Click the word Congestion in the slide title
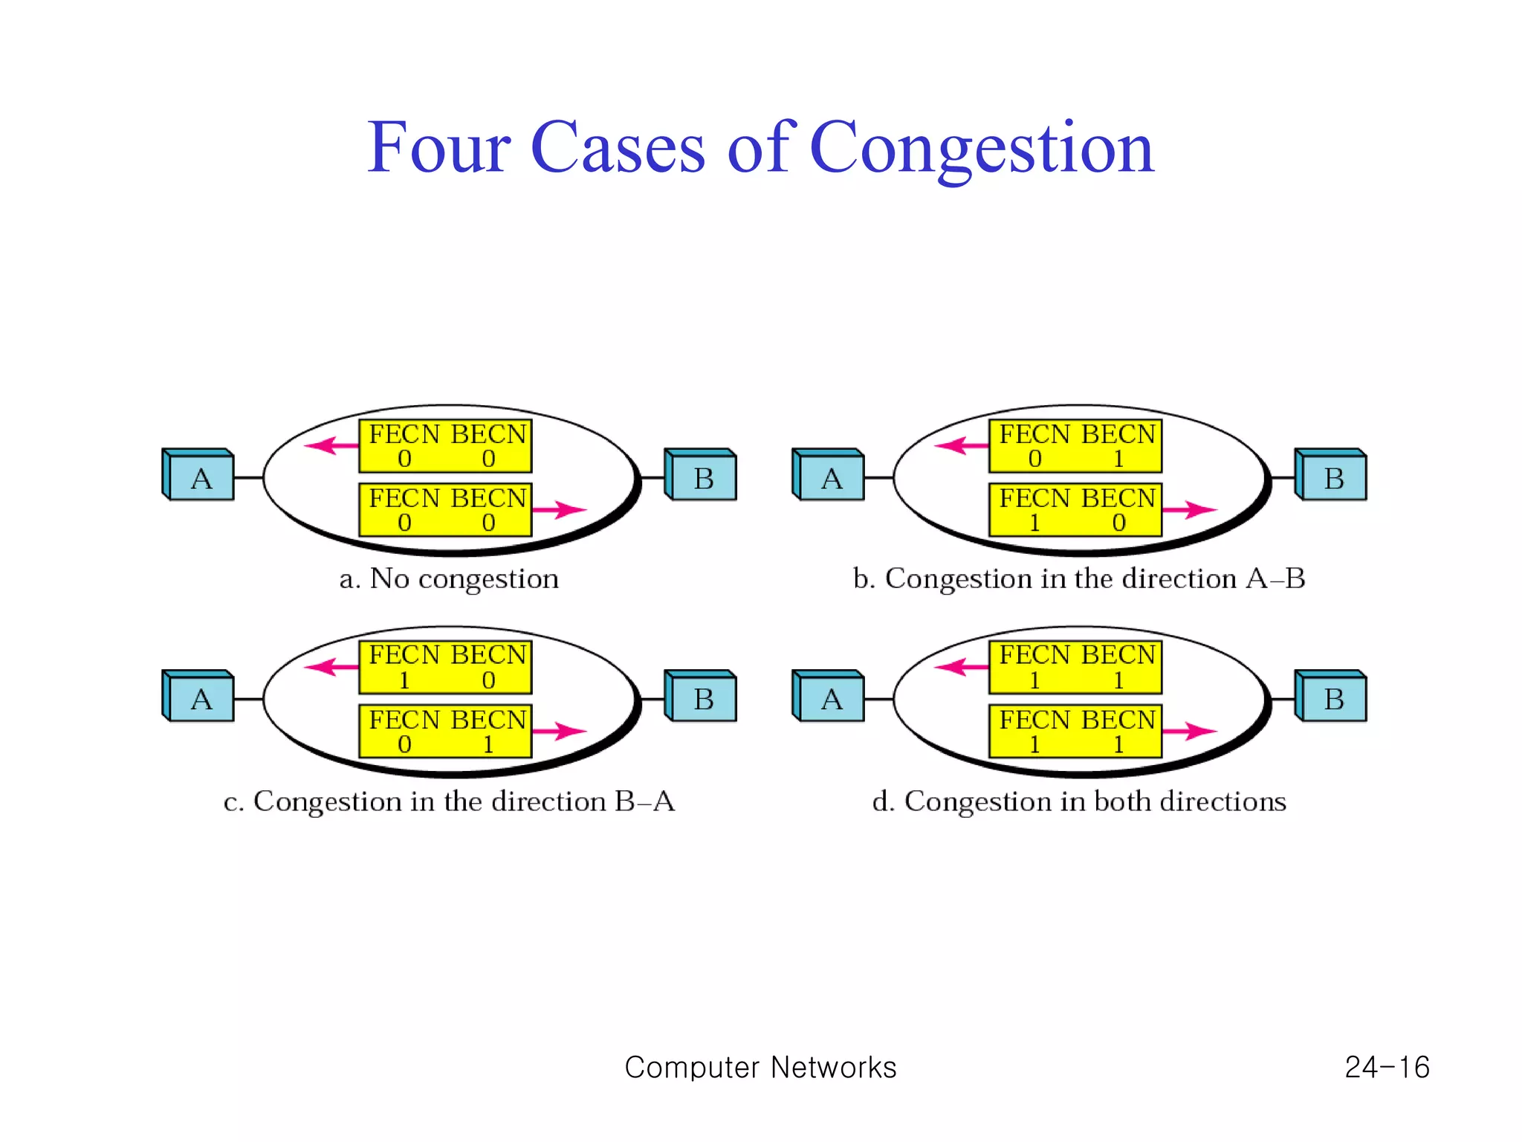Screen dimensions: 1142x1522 pyautogui.click(x=981, y=149)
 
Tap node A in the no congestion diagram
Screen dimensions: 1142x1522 pyautogui.click(x=200, y=477)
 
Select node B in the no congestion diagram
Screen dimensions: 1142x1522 pyautogui.click(x=703, y=477)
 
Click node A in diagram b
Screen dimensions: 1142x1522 pyautogui.click(x=830, y=477)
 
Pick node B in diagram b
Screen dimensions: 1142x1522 pyautogui.click(x=1333, y=477)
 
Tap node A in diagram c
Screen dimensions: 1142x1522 pyautogui.click(x=200, y=698)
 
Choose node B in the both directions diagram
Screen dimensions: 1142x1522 pyautogui.click(x=1333, y=698)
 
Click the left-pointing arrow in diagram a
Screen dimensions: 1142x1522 pyautogui.click(x=331, y=445)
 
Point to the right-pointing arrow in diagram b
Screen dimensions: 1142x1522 pyautogui.click(x=1189, y=510)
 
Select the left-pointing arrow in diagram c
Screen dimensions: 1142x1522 pyautogui.click(x=331, y=666)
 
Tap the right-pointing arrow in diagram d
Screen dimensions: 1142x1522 pyautogui.click(x=1189, y=731)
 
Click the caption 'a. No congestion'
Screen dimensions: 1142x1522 pyautogui.click(x=449, y=578)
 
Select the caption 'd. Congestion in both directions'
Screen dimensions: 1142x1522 pyautogui.click(x=1079, y=801)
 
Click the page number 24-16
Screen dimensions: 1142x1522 pyautogui.click(x=1387, y=1068)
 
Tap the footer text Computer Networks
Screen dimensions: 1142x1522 pyautogui.click(x=760, y=1068)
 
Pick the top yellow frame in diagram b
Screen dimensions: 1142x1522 pyautogui.click(x=1075, y=446)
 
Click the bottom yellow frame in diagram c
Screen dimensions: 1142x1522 pyautogui.click(x=445, y=732)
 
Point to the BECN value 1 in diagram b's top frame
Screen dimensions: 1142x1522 pyautogui.click(x=1118, y=459)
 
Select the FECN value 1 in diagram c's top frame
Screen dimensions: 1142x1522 pyautogui.click(x=404, y=680)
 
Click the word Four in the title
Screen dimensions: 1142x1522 pyautogui.click(x=438, y=149)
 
